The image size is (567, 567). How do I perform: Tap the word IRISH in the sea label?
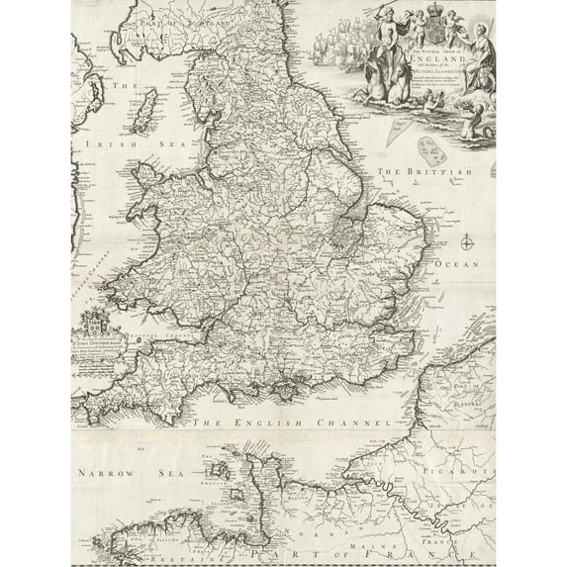point(96,142)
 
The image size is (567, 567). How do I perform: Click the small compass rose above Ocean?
point(463,237)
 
